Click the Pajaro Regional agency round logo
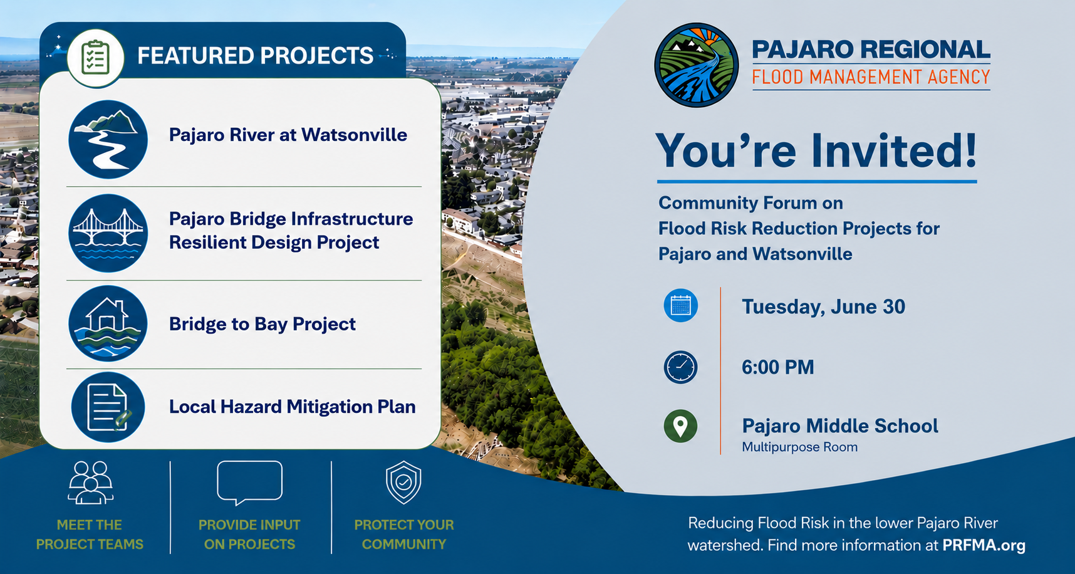[x=696, y=65]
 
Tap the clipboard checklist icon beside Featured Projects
[x=96, y=58]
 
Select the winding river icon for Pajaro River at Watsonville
[x=108, y=139]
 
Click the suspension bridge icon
[x=108, y=233]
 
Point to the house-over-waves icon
[x=108, y=323]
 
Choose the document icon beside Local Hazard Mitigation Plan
[x=108, y=407]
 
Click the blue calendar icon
[x=680, y=306]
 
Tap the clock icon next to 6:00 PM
[x=680, y=367]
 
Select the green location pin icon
[x=680, y=426]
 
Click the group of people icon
[x=91, y=483]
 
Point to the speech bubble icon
[x=249, y=483]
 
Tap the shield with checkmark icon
[x=403, y=483]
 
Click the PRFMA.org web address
[x=984, y=545]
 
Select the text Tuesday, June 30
[x=823, y=306]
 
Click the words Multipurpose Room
[x=799, y=447]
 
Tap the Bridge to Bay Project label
[x=262, y=324]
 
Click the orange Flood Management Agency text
[x=871, y=77]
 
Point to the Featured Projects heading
[x=255, y=56]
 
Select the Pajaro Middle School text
[x=840, y=426]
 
